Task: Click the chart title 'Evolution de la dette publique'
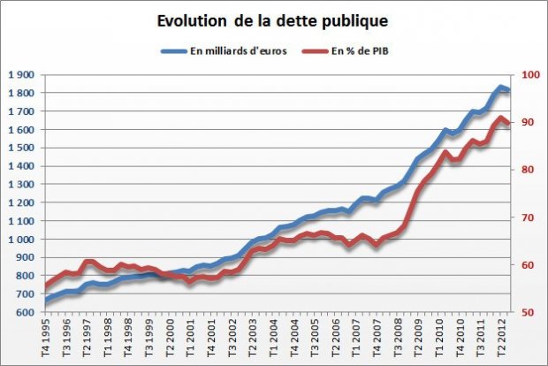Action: [274, 19]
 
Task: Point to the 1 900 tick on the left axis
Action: [22, 75]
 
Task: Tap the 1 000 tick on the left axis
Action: [22, 240]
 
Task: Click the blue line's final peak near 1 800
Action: [501, 88]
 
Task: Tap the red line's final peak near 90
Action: [501, 118]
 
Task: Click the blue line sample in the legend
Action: [173, 50]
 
